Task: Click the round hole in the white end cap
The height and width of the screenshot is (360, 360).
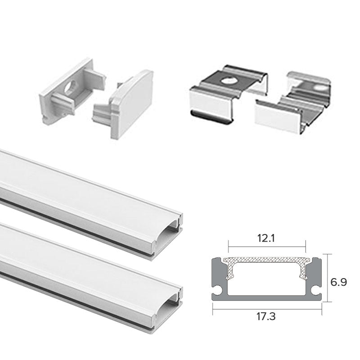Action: tap(71, 87)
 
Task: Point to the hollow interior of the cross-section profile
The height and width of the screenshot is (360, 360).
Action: tap(267, 279)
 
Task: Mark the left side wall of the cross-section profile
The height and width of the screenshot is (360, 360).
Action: tap(219, 279)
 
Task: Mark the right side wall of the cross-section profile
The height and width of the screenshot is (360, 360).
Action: tap(315, 279)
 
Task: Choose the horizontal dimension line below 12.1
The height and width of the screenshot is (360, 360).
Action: tap(267, 247)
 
